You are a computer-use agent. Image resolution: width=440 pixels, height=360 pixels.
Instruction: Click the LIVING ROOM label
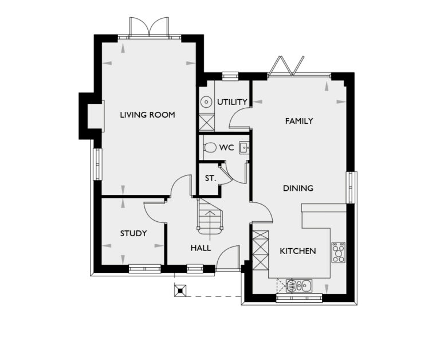pyautogui.click(x=147, y=115)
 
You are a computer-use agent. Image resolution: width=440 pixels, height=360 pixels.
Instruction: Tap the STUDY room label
pyautogui.click(x=133, y=233)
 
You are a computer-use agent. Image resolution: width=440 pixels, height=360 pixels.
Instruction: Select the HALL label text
pyautogui.click(x=201, y=248)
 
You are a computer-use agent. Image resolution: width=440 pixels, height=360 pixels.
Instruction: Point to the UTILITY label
pyautogui.click(x=232, y=102)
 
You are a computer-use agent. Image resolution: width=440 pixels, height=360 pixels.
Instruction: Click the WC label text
pyautogui.click(x=226, y=147)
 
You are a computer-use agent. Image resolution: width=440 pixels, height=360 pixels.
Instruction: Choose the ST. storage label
pyautogui.click(x=210, y=178)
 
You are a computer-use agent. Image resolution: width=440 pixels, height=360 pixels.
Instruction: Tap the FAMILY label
pyautogui.click(x=299, y=121)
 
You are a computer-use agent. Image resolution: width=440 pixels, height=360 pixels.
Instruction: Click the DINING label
pyautogui.click(x=298, y=188)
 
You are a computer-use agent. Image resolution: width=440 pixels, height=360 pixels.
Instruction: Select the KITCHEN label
pyautogui.click(x=297, y=251)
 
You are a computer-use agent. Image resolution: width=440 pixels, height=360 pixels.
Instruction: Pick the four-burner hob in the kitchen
pyautogui.click(x=339, y=252)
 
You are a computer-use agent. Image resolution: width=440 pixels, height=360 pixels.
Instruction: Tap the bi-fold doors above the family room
pyautogui.click(x=285, y=66)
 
